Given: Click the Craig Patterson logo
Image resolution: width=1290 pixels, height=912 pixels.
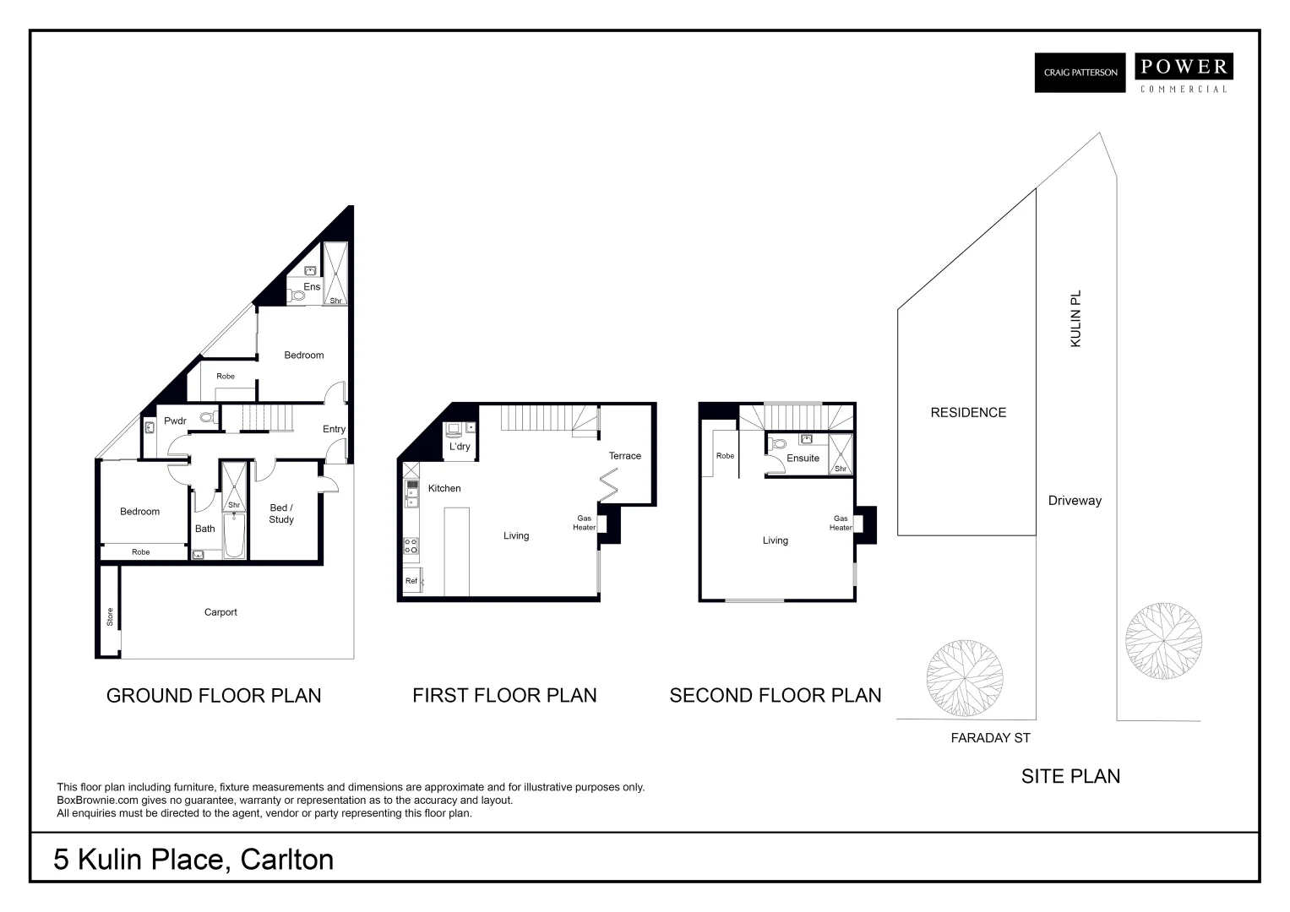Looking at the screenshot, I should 1080,73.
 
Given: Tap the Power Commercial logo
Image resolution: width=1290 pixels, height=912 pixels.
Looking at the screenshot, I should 1183,73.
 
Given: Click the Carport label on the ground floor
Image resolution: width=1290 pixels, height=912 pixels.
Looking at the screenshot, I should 220,612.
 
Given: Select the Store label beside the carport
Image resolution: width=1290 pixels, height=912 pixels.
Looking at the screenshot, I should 110,616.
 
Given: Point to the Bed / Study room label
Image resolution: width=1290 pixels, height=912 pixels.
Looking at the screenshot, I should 281,513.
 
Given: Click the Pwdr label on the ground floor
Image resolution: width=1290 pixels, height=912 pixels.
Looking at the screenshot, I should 175,421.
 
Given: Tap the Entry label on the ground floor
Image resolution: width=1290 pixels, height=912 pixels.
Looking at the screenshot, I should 334,429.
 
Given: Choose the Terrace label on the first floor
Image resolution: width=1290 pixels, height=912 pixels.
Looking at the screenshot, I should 624,456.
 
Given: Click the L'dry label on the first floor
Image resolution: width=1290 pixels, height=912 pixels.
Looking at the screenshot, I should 460,447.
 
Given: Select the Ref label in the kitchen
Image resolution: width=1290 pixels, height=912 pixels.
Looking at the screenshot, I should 411,581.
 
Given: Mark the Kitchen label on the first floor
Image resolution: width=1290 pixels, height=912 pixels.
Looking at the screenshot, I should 444,488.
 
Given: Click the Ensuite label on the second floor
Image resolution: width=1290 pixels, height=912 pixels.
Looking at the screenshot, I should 803,459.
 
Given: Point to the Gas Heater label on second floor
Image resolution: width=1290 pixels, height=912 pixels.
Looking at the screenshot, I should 840,524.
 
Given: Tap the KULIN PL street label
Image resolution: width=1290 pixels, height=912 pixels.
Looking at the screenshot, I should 1075,318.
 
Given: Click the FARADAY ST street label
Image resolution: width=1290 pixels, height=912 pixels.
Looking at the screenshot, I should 990,738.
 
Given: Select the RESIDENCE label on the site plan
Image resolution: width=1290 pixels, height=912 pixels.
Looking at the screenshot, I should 968,412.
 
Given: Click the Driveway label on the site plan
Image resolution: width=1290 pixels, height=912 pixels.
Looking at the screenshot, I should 1075,500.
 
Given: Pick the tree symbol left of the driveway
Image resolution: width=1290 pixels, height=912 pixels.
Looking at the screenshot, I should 965,678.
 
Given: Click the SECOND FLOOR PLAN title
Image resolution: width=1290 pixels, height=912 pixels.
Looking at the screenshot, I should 775,695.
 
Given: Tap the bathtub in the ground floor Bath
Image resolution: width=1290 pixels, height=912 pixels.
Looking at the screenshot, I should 234,536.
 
